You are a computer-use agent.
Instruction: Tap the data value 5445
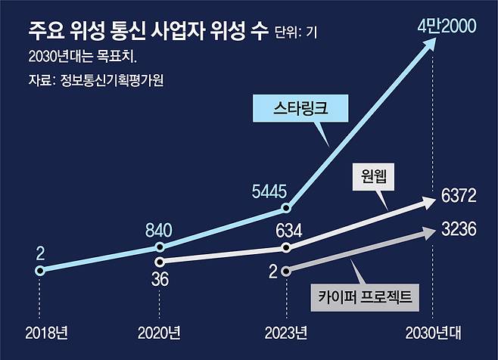coord(268,190)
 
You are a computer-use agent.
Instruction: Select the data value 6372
coord(457,198)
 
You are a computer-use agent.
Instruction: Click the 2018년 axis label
coord(46,332)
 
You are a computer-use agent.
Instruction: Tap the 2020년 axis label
coord(159,332)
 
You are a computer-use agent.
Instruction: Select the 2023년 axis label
coord(285,332)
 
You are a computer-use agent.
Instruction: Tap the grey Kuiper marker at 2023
coord(285,270)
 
